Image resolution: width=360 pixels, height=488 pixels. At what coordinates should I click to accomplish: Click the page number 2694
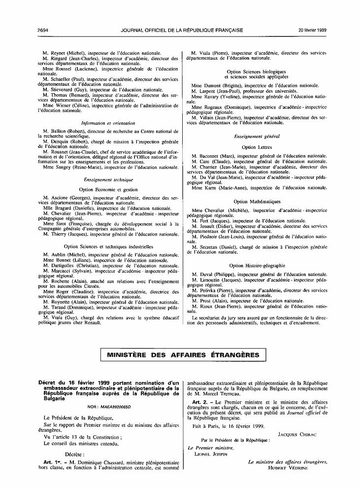(x=43, y=30)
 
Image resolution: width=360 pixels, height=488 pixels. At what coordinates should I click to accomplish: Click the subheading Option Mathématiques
(x=257, y=201)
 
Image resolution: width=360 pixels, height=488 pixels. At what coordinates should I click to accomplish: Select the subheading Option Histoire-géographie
(x=257, y=266)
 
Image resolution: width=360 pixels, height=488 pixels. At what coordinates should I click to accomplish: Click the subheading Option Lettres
(x=256, y=147)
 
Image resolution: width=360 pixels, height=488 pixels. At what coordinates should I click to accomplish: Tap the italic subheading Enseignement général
(x=257, y=136)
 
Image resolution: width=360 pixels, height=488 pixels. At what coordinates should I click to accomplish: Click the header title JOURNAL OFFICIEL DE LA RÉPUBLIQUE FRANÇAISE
(x=182, y=30)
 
